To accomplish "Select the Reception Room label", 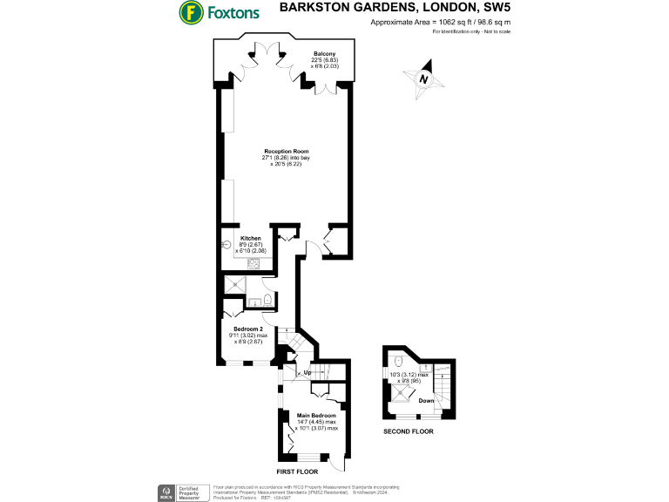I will click(x=287, y=151).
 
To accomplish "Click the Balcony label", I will click(x=324, y=53).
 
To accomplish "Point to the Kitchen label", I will click(x=251, y=238).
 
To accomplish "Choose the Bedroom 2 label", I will click(x=247, y=329).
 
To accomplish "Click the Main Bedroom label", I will click(x=316, y=416).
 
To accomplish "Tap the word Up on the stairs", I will click(x=307, y=373).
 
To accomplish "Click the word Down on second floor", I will click(x=427, y=401).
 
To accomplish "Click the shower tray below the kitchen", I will click(x=236, y=284).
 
